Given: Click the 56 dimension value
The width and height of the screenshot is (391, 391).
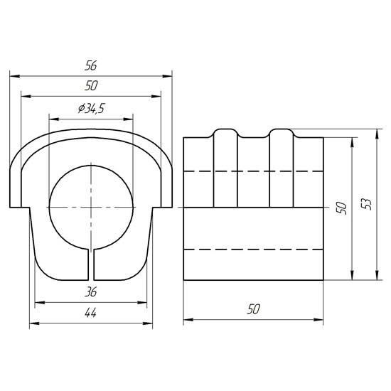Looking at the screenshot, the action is tap(90, 65).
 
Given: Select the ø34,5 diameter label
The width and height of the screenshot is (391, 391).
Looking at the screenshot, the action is tap(91, 109).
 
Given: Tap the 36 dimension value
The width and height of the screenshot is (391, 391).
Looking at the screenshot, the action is tap(90, 291).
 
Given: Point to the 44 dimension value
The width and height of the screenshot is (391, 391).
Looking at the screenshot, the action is tap(90, 313).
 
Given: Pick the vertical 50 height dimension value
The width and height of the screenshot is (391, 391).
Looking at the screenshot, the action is tap(342, 208).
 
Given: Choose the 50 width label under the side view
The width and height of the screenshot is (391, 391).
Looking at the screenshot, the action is tap(253, 309).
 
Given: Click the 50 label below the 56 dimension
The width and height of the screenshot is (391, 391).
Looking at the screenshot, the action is tap(91, 86).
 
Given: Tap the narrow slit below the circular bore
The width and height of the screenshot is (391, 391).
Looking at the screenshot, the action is tap(91, 264).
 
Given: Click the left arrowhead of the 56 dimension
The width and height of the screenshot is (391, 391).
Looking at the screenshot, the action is tap(15, 76).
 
